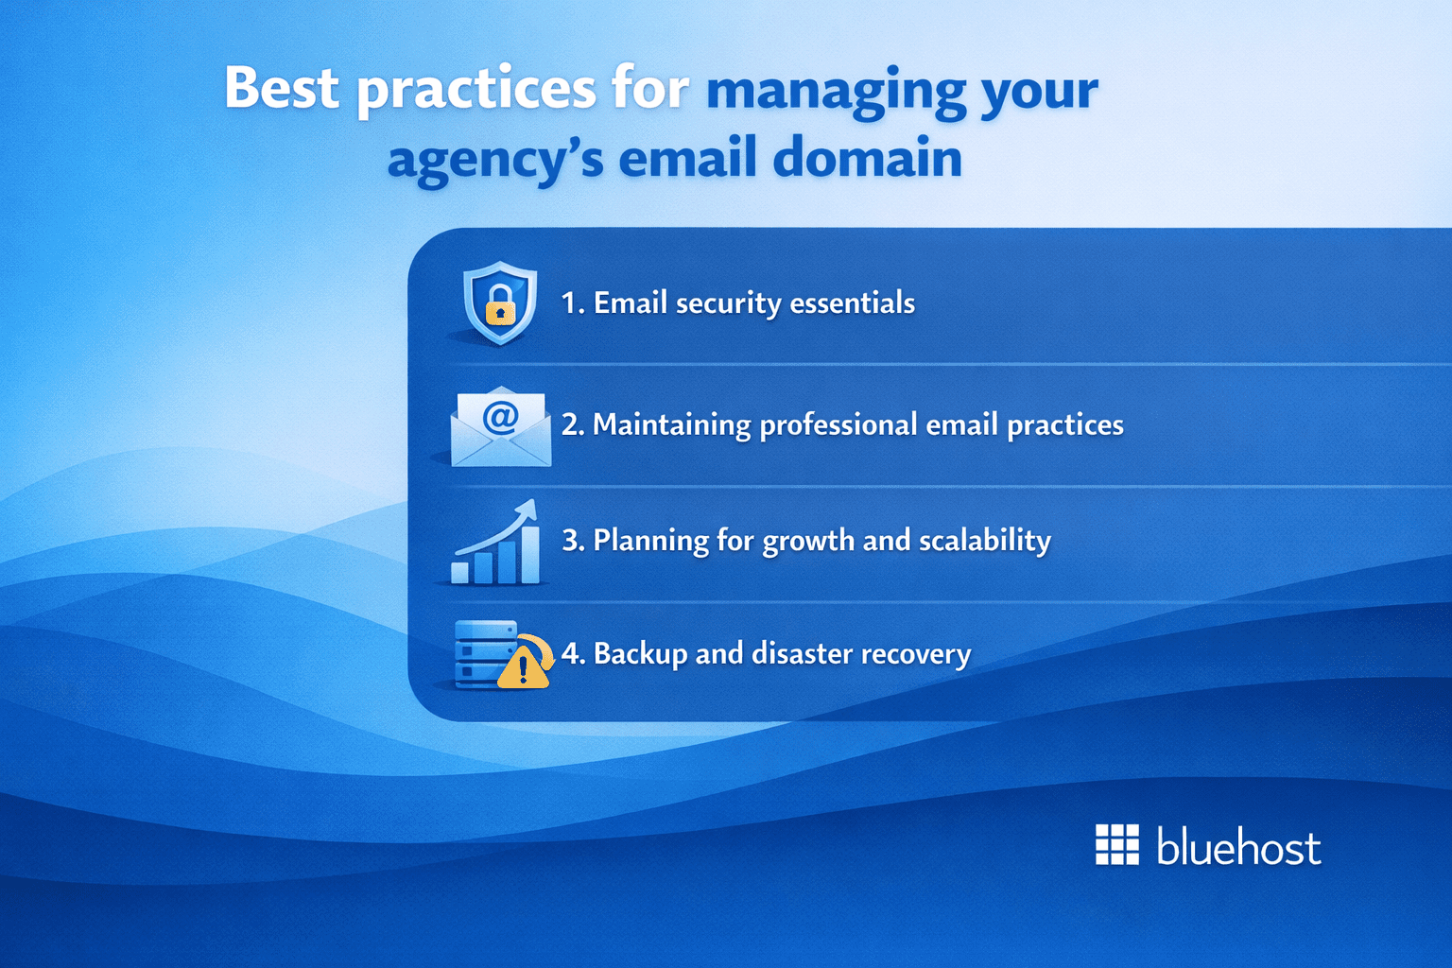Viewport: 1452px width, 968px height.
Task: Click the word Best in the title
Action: tap(281, 88)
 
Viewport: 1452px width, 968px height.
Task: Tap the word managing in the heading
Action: tap(836, 92)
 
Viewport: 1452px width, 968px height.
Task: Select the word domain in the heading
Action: tap(867, 158)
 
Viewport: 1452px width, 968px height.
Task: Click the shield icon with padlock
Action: tap(500, 302)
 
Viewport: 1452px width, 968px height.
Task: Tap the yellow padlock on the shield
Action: tap(500, 307)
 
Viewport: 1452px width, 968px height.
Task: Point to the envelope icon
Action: tap(500, 428)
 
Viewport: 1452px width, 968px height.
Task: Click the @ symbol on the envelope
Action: tap(500, 416)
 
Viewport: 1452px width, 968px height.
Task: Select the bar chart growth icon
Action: tap(496, 545)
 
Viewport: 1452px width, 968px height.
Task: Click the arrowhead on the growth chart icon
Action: tap(527, 511)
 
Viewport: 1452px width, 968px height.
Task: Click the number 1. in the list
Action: tap(573, 303)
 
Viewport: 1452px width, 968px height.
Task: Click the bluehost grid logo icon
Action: tap(1116, 844)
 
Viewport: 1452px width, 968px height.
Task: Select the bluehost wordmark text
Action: tap(1237, 847)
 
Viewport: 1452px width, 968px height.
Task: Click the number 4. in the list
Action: tap(573, 654)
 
